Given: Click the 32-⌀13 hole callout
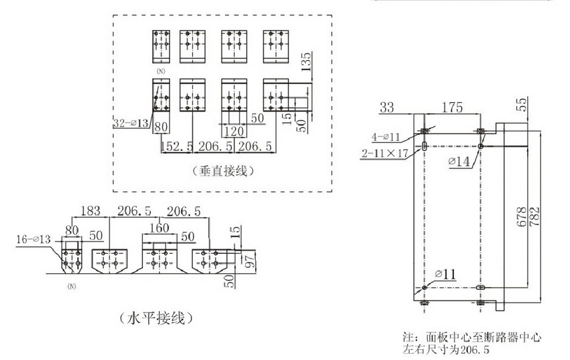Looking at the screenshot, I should click(133, 122).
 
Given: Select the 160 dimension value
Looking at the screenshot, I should click(158, 227).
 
